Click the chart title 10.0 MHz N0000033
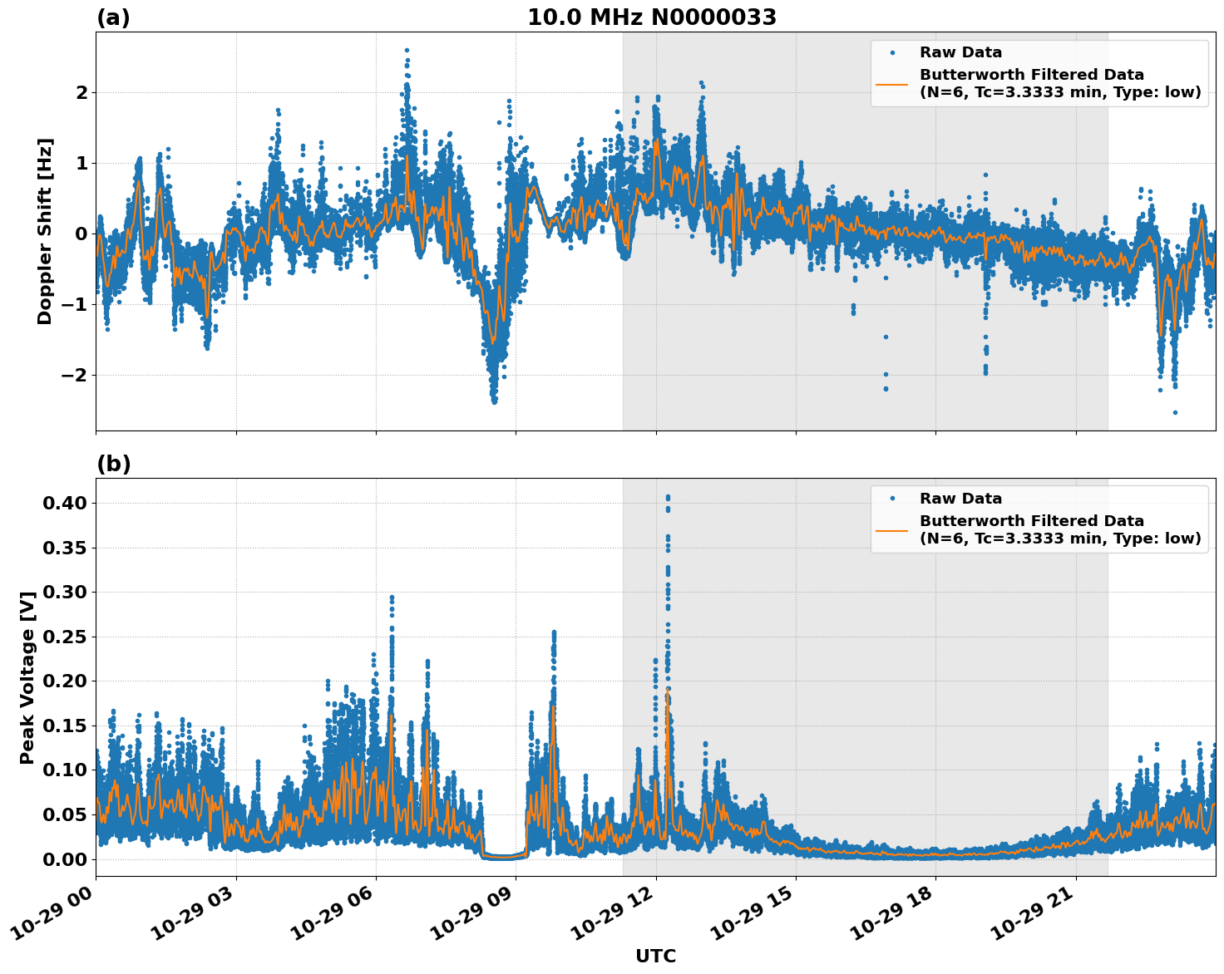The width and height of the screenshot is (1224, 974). click(x=652, y=17)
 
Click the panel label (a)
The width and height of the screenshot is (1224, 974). click(x=113, y=17)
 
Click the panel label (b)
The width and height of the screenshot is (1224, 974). click(x=113, y=464)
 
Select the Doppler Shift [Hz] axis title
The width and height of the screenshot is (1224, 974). click(x=45, y=231)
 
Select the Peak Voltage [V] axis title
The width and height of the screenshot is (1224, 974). click(x=27, y=677)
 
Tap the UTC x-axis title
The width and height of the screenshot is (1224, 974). click(x=655, y=956)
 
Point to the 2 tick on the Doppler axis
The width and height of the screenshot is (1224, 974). click(x=81, y=92)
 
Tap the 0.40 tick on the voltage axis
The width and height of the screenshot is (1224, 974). click(x=70, y=503)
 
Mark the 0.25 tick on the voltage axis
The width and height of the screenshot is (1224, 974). click(x=70, y=637)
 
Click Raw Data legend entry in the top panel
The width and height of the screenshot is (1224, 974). click(x=960, y=52)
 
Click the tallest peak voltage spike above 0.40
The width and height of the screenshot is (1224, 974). click(x=668, y=497)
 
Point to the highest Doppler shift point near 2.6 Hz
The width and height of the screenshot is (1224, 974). click(x=407, y=50)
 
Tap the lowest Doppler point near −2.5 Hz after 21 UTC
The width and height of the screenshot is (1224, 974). click(x=1175, y=412)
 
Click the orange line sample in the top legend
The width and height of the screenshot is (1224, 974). click(x=891, y=83)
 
